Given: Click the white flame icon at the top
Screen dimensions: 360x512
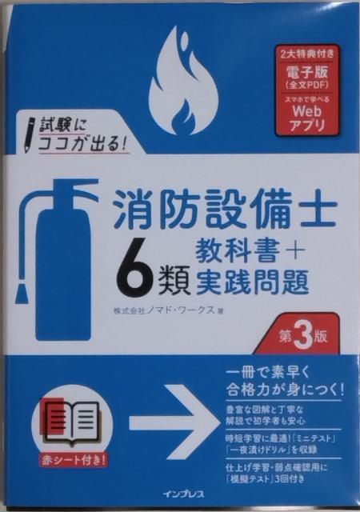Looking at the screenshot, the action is click(183, 82).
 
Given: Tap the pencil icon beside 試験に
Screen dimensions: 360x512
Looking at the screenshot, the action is click(30, 134).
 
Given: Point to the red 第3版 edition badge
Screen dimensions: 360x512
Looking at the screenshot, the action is click(298, 334).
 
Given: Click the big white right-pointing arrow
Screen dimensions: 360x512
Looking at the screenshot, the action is click(174, 419).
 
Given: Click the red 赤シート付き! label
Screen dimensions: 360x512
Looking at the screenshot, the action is click(73, 460).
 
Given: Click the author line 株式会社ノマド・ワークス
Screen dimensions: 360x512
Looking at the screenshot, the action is click(164, 311).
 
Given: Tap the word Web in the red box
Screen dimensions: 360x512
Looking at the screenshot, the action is click(306, 112).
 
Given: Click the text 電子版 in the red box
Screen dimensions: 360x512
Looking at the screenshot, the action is click(306, 71).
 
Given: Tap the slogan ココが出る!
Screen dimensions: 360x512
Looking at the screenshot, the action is click(82, 144).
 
